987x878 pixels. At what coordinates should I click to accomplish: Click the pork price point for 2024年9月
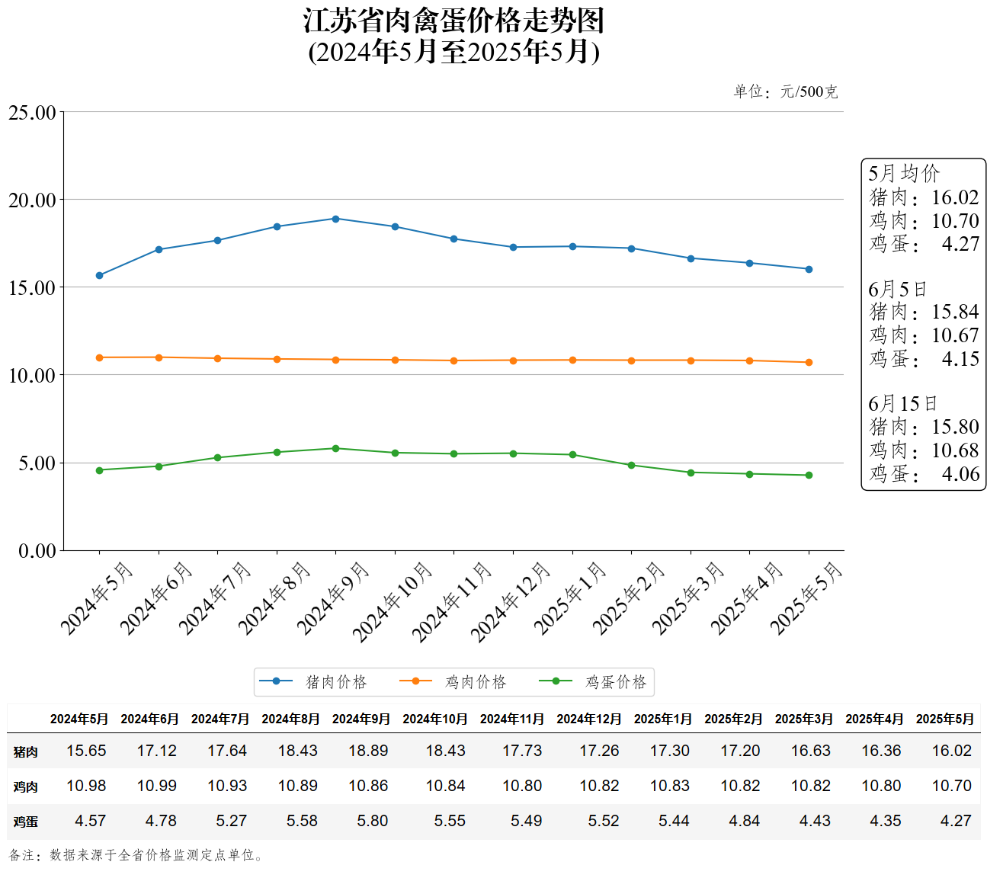(x=335, y=219)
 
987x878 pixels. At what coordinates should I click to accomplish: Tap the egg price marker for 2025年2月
(x=631, y=465)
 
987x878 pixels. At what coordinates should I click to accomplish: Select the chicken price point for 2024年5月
(x=99, y=357)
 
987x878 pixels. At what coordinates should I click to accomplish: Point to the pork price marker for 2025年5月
(x=809, y=269)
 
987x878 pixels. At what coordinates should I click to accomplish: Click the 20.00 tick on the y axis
(x=32, y=200)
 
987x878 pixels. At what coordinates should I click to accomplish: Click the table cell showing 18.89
(x=368, y=751)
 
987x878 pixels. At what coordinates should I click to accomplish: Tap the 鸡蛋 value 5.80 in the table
(x=373, y=821)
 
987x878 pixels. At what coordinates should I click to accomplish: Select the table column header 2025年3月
(x=803, y=719)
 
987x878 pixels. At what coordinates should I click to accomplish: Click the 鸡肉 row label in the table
(x=25, y=787)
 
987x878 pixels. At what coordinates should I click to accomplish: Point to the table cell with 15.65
(x=86, y=751)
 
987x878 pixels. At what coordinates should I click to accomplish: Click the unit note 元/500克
(x=809, y=92)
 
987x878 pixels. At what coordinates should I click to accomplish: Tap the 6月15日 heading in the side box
(x=902, y=403)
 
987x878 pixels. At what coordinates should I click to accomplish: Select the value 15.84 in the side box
(x=955, y=312)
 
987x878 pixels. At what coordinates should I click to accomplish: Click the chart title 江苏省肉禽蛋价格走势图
(x=454, y=21)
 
